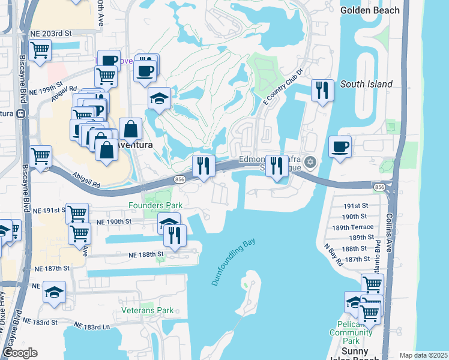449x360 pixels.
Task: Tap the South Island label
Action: [366, 85]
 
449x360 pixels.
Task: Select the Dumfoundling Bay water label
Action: [234, 262]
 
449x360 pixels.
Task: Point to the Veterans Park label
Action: [147, 310]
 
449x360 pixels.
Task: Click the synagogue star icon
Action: [310, 161]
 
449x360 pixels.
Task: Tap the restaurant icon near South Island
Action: [322, 91]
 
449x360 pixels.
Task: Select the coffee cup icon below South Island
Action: [340, 146]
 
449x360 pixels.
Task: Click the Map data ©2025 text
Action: [423, 355]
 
